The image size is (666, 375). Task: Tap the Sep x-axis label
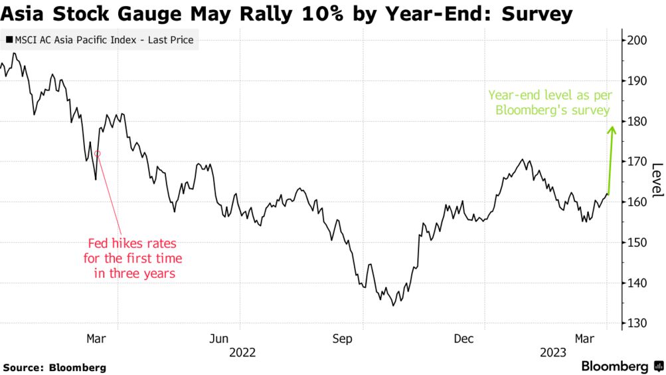342,338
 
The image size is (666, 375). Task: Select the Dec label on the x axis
463,338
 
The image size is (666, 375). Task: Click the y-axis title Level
657,180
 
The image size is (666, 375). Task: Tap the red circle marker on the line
98,154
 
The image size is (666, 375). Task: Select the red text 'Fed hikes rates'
133,244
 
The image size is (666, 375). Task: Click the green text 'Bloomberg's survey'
552,110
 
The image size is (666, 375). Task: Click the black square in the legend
9,41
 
